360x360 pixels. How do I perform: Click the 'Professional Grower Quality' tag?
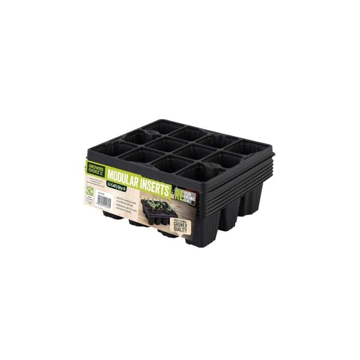tap(184, 226)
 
